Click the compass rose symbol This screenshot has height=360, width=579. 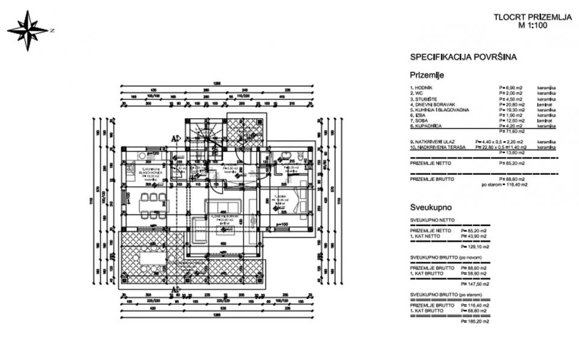pos(28,30)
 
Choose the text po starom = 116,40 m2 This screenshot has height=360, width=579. pos(504,185)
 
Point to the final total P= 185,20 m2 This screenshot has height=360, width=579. pos(475,321)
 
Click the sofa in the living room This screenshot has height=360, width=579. pos(224,207)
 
